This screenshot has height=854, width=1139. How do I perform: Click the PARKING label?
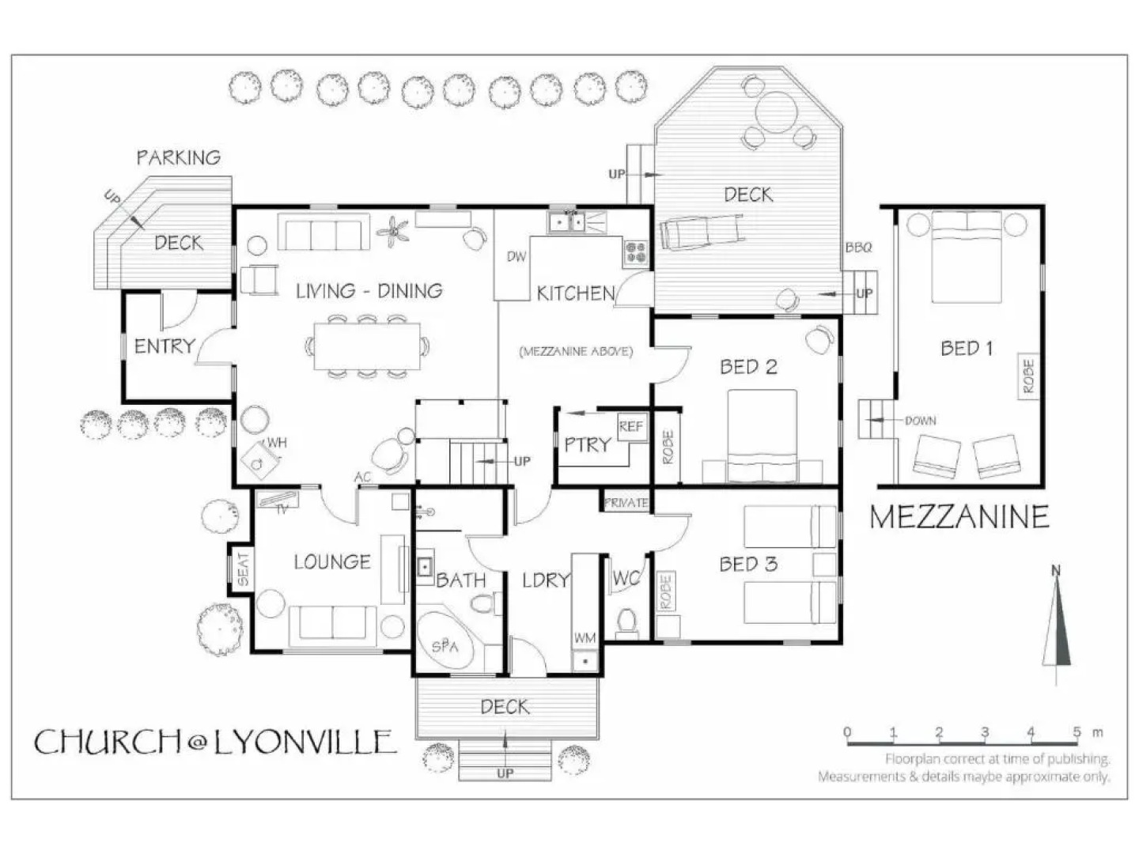click(179, 157)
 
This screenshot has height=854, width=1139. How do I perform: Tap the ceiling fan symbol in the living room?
click(392, 232)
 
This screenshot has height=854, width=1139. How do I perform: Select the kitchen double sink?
click(568, 222)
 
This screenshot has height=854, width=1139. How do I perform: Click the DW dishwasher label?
click(517, 256)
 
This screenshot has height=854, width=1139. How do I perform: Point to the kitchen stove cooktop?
click(636, 253)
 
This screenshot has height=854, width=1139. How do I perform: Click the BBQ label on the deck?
click(859, 248)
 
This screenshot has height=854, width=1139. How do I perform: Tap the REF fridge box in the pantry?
click(631, 427)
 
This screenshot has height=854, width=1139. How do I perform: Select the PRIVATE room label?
click(626, 502)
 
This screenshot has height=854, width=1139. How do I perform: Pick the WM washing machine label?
click(585, 638)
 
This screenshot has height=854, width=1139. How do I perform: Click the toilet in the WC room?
click(626, 622)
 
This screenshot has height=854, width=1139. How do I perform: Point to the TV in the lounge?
click(278, 501)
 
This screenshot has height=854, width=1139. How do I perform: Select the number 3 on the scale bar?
click(985, 732)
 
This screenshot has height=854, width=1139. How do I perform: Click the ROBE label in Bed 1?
click(1028, 376)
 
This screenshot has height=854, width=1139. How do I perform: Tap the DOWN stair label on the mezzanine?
click(921, 421)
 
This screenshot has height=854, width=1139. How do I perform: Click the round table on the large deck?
click(776, 111)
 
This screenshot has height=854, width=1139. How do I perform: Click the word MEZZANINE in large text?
click(959, 517)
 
